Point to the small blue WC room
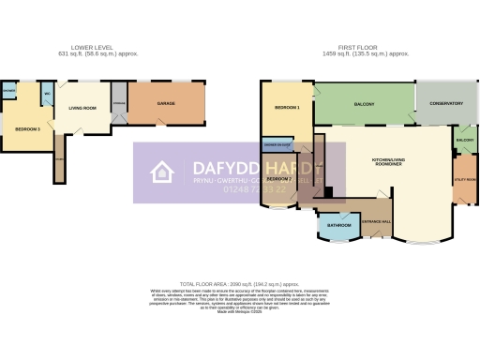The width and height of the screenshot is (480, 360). tap(46, 93)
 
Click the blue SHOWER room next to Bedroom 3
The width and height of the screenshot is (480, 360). tap(8, 91)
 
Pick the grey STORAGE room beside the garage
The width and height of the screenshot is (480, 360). tap(118, 102)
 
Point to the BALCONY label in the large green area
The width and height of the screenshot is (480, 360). tap(364, 104)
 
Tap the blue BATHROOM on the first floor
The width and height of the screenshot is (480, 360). tap(338, 225)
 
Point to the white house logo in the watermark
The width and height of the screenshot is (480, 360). tap(162, 172)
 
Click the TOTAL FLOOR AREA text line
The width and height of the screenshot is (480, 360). tap(239, 283)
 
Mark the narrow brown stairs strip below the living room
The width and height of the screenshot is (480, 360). tap(58, 161)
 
